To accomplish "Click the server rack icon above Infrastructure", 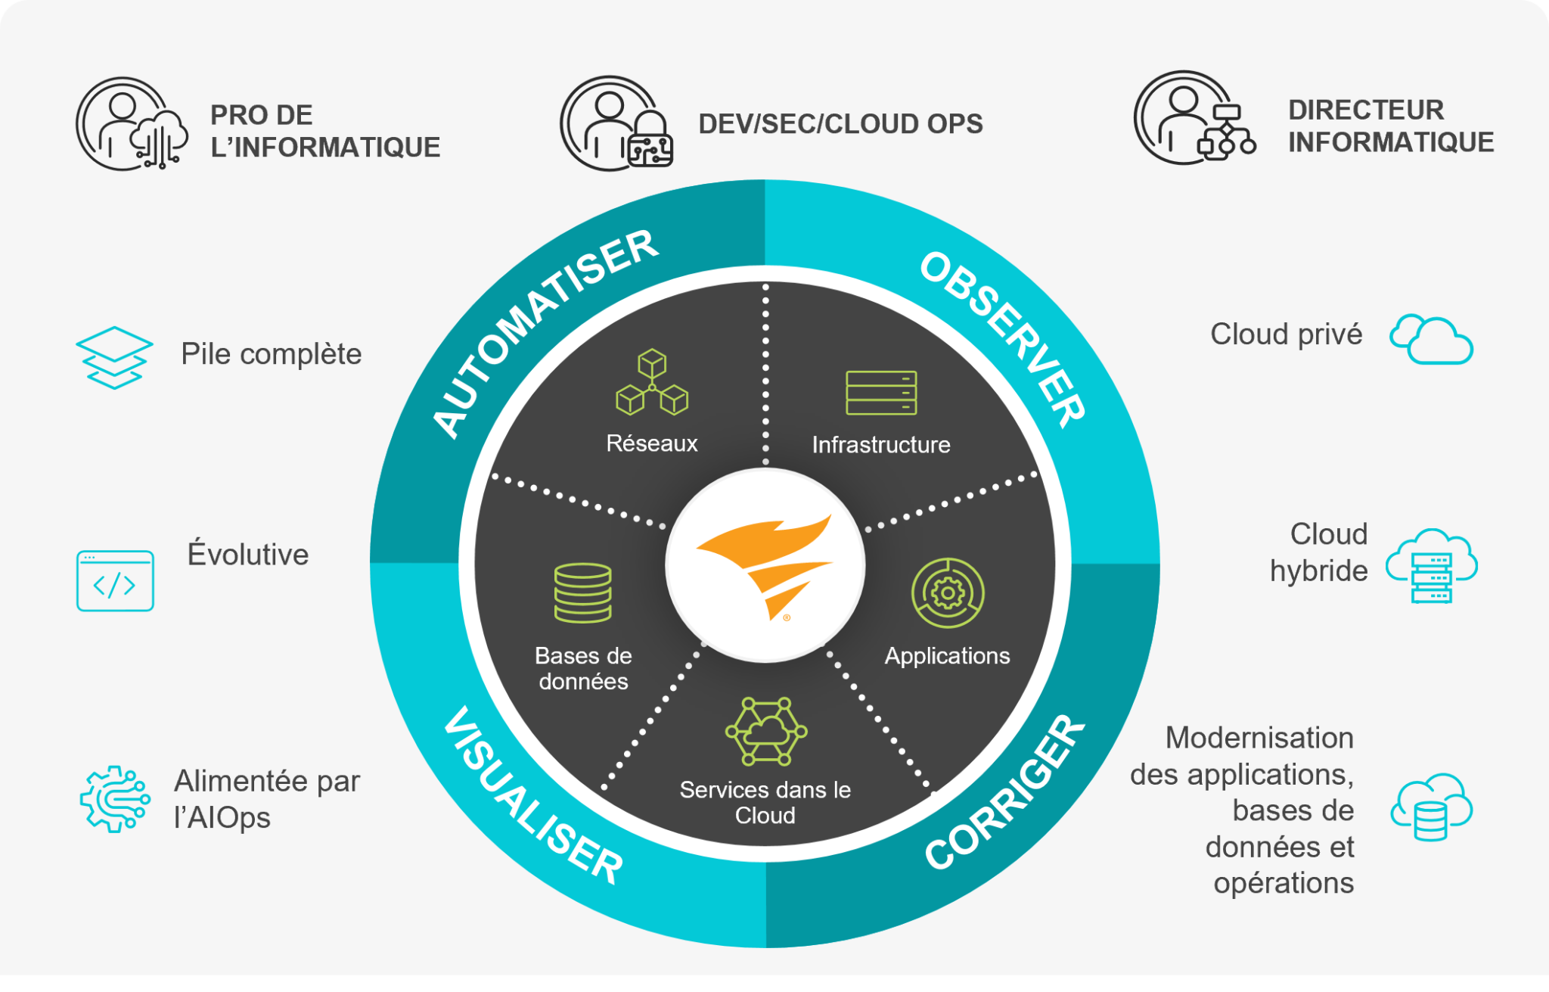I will click(881, 393).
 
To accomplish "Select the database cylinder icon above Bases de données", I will click(582, 592).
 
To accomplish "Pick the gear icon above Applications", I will click(947, 593).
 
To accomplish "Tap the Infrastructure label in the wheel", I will click(881, 445).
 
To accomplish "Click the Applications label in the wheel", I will click(947, 656).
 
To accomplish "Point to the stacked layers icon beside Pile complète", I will click(114, 357).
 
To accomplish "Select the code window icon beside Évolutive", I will click(115, 580).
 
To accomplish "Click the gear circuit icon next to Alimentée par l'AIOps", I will click(114, 799).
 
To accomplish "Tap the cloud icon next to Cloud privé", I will click(1431, 340).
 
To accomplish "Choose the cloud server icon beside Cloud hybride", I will click(1431, 566).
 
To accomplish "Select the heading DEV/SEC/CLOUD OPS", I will click(840, 124).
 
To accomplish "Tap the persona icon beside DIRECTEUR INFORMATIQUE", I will click(1194, 118).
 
